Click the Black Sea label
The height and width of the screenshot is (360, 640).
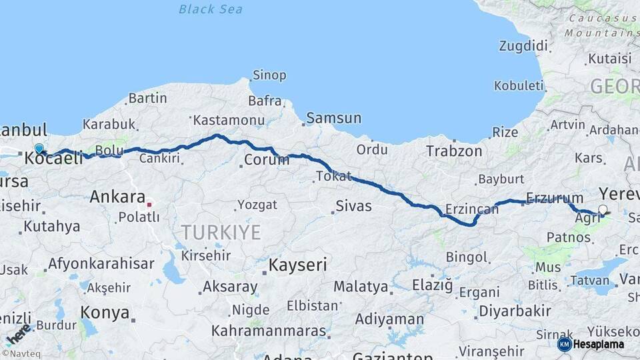[211, 9]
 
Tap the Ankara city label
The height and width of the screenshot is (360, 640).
[117, 197]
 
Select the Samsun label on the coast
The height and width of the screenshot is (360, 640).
[334, 119]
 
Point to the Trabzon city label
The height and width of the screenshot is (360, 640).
[454, 151]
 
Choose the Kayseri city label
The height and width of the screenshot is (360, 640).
[297, 265]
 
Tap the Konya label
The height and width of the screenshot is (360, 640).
[105, 311]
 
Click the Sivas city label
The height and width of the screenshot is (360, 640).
[353, 205]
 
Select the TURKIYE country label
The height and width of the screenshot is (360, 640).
[221, 233]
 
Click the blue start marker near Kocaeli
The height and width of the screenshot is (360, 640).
[39, 149]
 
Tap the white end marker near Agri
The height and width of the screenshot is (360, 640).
[603, 210]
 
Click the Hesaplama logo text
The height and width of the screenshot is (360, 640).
[598, 344]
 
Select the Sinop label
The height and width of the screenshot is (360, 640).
[269, 75]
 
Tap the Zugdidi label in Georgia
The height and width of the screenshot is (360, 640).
[523, 46]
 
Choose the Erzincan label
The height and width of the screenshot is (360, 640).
[472, 209]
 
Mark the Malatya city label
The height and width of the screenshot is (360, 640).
[361, 287]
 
